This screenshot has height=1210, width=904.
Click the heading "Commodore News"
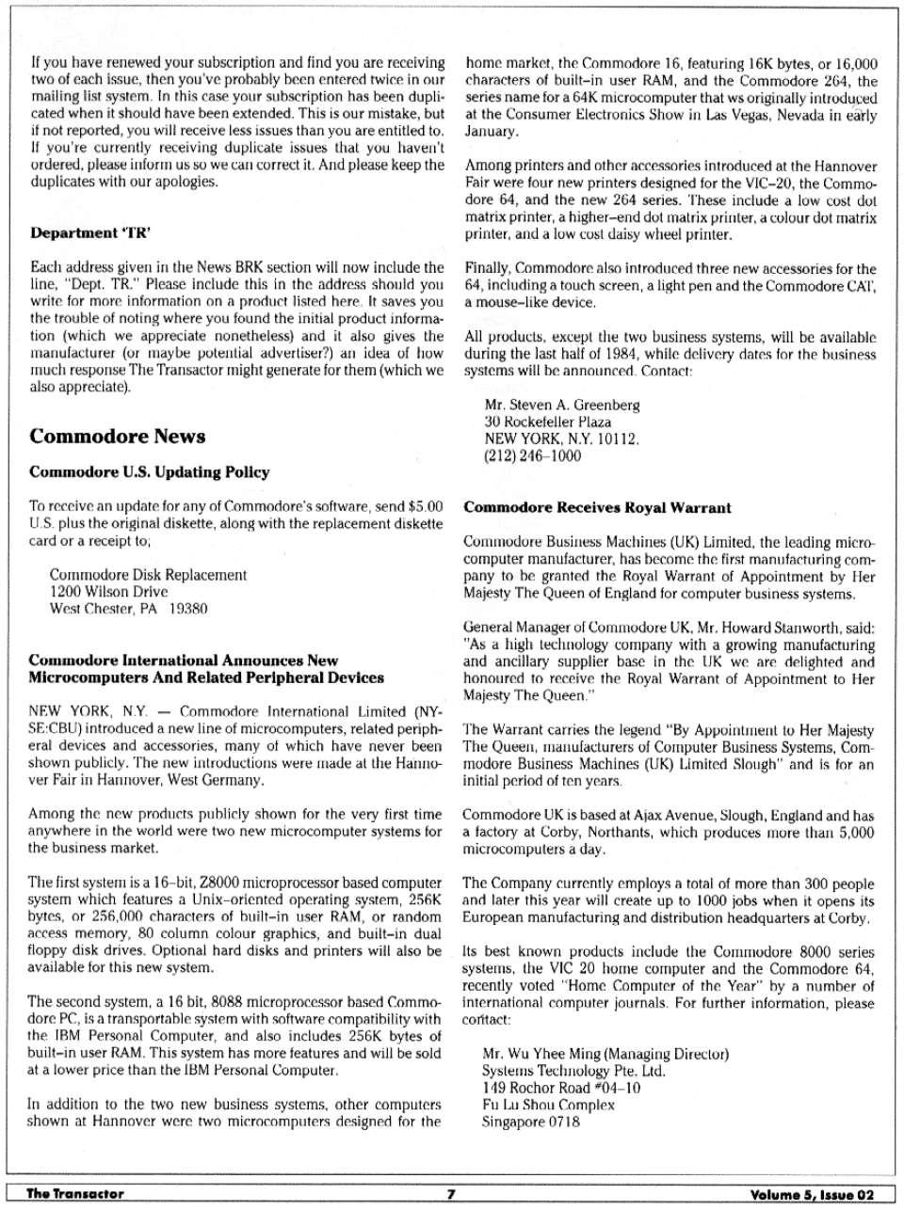point(118,437)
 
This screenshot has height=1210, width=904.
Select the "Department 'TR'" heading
point(91,232)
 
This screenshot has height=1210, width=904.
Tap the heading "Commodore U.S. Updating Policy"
point(150,472)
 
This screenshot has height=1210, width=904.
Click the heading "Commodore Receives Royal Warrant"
point(597,508)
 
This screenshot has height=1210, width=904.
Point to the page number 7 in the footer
point(451,1194)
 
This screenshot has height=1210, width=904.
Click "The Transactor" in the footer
point(75,1194)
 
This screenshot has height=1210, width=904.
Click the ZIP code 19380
point(188,609)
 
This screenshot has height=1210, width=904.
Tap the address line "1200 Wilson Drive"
point(108,592)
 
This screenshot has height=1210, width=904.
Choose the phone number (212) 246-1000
point(532,456)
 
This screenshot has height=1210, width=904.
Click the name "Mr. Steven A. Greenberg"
point(561,406)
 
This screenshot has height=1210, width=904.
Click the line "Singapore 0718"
point(531,1122)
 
